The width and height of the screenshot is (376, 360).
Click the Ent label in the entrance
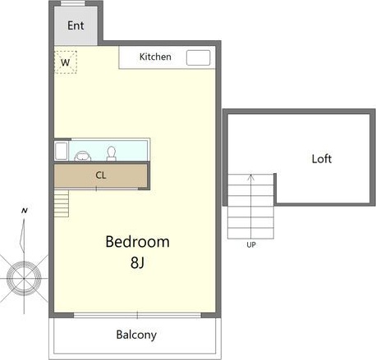76,25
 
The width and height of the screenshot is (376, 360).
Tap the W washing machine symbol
65,62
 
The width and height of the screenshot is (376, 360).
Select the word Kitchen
155,57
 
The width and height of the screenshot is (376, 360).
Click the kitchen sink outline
198,57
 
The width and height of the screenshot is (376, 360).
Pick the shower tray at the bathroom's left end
61,151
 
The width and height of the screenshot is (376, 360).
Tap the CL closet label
100,175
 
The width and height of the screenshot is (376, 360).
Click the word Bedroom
137,242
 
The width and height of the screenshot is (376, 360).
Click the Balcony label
135,335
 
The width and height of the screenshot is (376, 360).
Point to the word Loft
322,158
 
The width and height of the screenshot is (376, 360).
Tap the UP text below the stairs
250,244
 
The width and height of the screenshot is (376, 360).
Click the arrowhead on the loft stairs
250,176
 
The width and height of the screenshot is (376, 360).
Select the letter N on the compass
25,211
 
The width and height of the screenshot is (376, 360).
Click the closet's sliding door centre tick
97,189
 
